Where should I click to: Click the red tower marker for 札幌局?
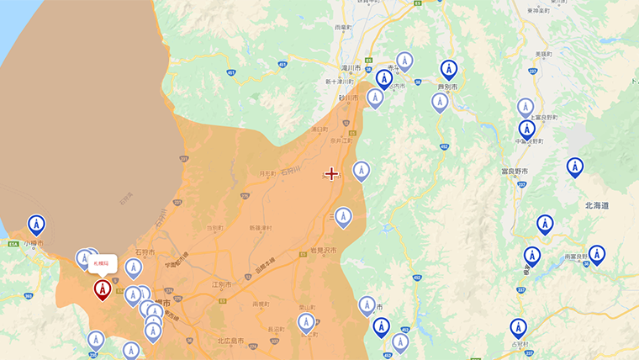(102, 289)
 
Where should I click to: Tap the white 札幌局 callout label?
(102, 263)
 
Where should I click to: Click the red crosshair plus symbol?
(332, 173)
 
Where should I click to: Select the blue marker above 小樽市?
(36, 225)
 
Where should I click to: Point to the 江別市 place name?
(221, 285)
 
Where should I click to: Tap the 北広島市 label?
(230, 341)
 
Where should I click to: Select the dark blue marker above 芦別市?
(449, 70)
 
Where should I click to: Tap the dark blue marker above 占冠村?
(518, 328)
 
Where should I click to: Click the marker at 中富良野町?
(526, 130)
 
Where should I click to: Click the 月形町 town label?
(267, 174)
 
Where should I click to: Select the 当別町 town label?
(215, 228)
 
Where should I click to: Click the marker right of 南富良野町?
(596, 254)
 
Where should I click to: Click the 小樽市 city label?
(34, 244)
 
